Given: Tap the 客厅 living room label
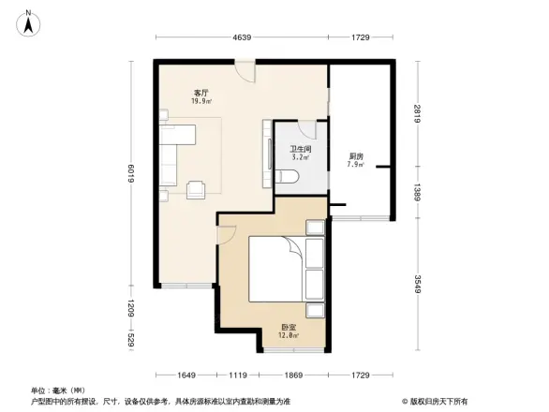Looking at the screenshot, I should (x=200, y=93).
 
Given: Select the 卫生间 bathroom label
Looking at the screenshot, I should (x=300, y=149).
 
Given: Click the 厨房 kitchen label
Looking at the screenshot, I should (x=356, y=156).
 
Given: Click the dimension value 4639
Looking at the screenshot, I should (x=242, y=37).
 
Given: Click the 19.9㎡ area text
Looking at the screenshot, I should (x=200, y=101).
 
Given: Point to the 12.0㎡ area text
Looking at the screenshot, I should (x=289, y=335).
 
